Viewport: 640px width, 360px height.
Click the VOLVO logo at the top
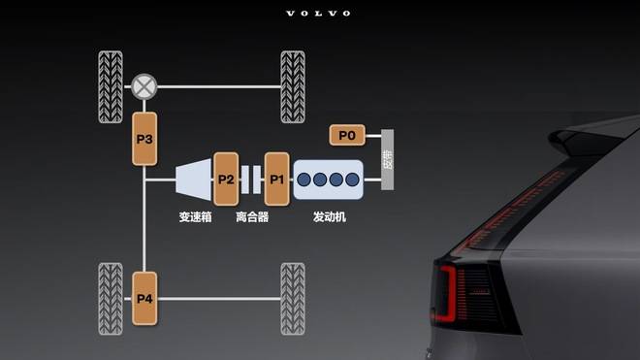tap(319, 14)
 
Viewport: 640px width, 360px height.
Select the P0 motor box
tap(346, 135)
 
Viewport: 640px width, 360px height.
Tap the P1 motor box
tap(276, 179)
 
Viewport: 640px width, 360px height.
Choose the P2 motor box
tap(226, 179)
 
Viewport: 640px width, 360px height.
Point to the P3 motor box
tap(144, 140)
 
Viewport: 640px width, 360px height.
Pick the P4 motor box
tap(144, 297)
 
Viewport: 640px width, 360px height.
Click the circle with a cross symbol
tap(144, 85)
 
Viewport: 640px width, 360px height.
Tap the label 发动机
tap(330, 217)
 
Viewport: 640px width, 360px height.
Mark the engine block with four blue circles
tap(329, 180)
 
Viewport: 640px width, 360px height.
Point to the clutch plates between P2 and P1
tap(251, 179)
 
